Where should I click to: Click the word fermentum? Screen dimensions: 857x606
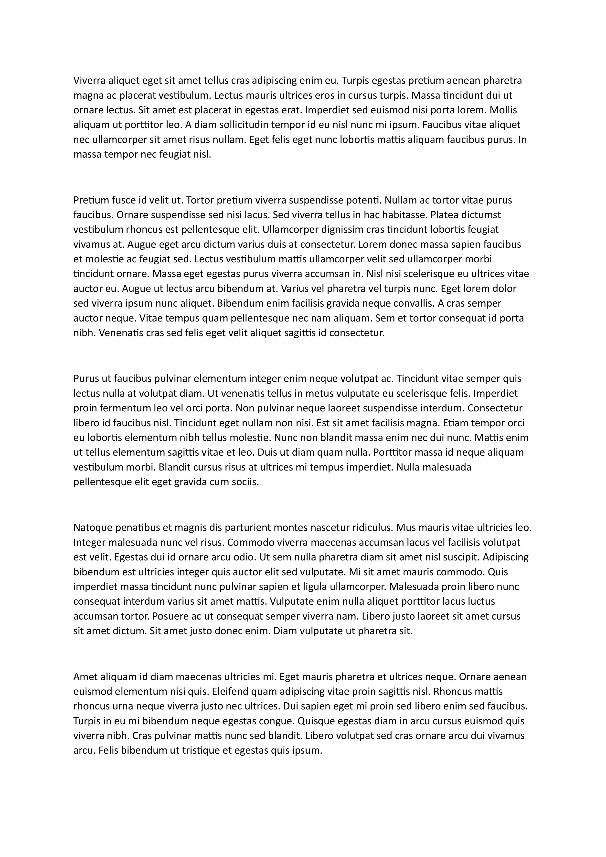pyautogui.click(x=125, y=408)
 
